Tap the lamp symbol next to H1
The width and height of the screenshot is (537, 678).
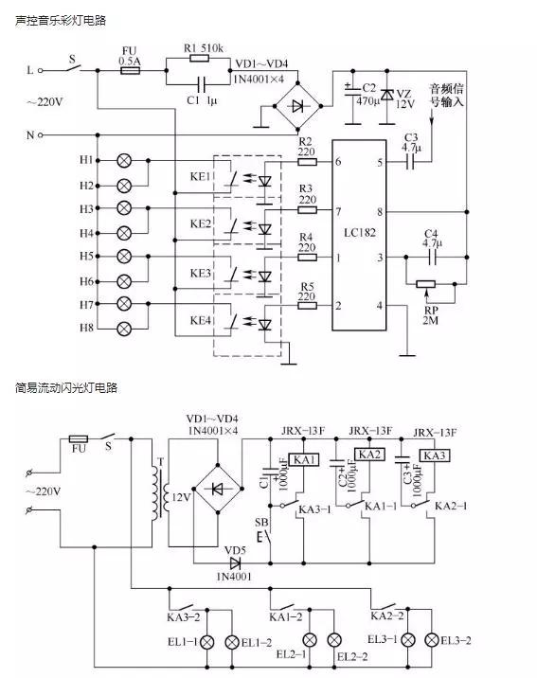[x=122, y=161]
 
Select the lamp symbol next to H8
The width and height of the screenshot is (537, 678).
[x=122, y=329]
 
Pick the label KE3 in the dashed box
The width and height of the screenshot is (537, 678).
[x=199, y=273]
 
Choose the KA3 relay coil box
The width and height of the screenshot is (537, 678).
[x=435, y=455]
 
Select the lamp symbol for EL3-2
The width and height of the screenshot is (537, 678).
[x=435, y=640]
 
